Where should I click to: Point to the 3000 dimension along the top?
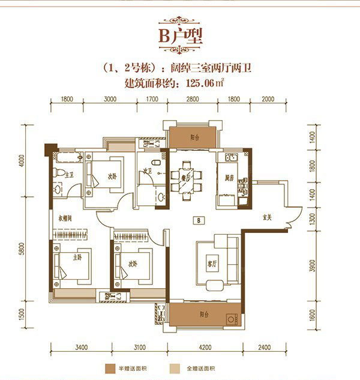(110, 101)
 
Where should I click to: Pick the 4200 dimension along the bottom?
(206, 346)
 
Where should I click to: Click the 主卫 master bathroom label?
(68, 175)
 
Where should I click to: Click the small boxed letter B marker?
(197, 220)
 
